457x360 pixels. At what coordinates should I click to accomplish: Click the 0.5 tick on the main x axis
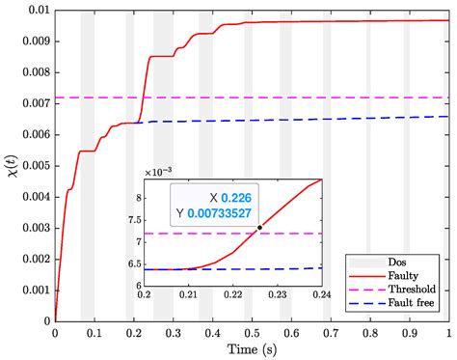click(x=252, y=331)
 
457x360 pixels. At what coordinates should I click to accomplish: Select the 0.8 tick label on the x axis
click(x=369, y=331)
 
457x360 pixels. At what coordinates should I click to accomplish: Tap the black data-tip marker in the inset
click(x=259, y=228)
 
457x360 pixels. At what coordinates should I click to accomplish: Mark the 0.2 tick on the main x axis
click(x=134, y=331)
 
